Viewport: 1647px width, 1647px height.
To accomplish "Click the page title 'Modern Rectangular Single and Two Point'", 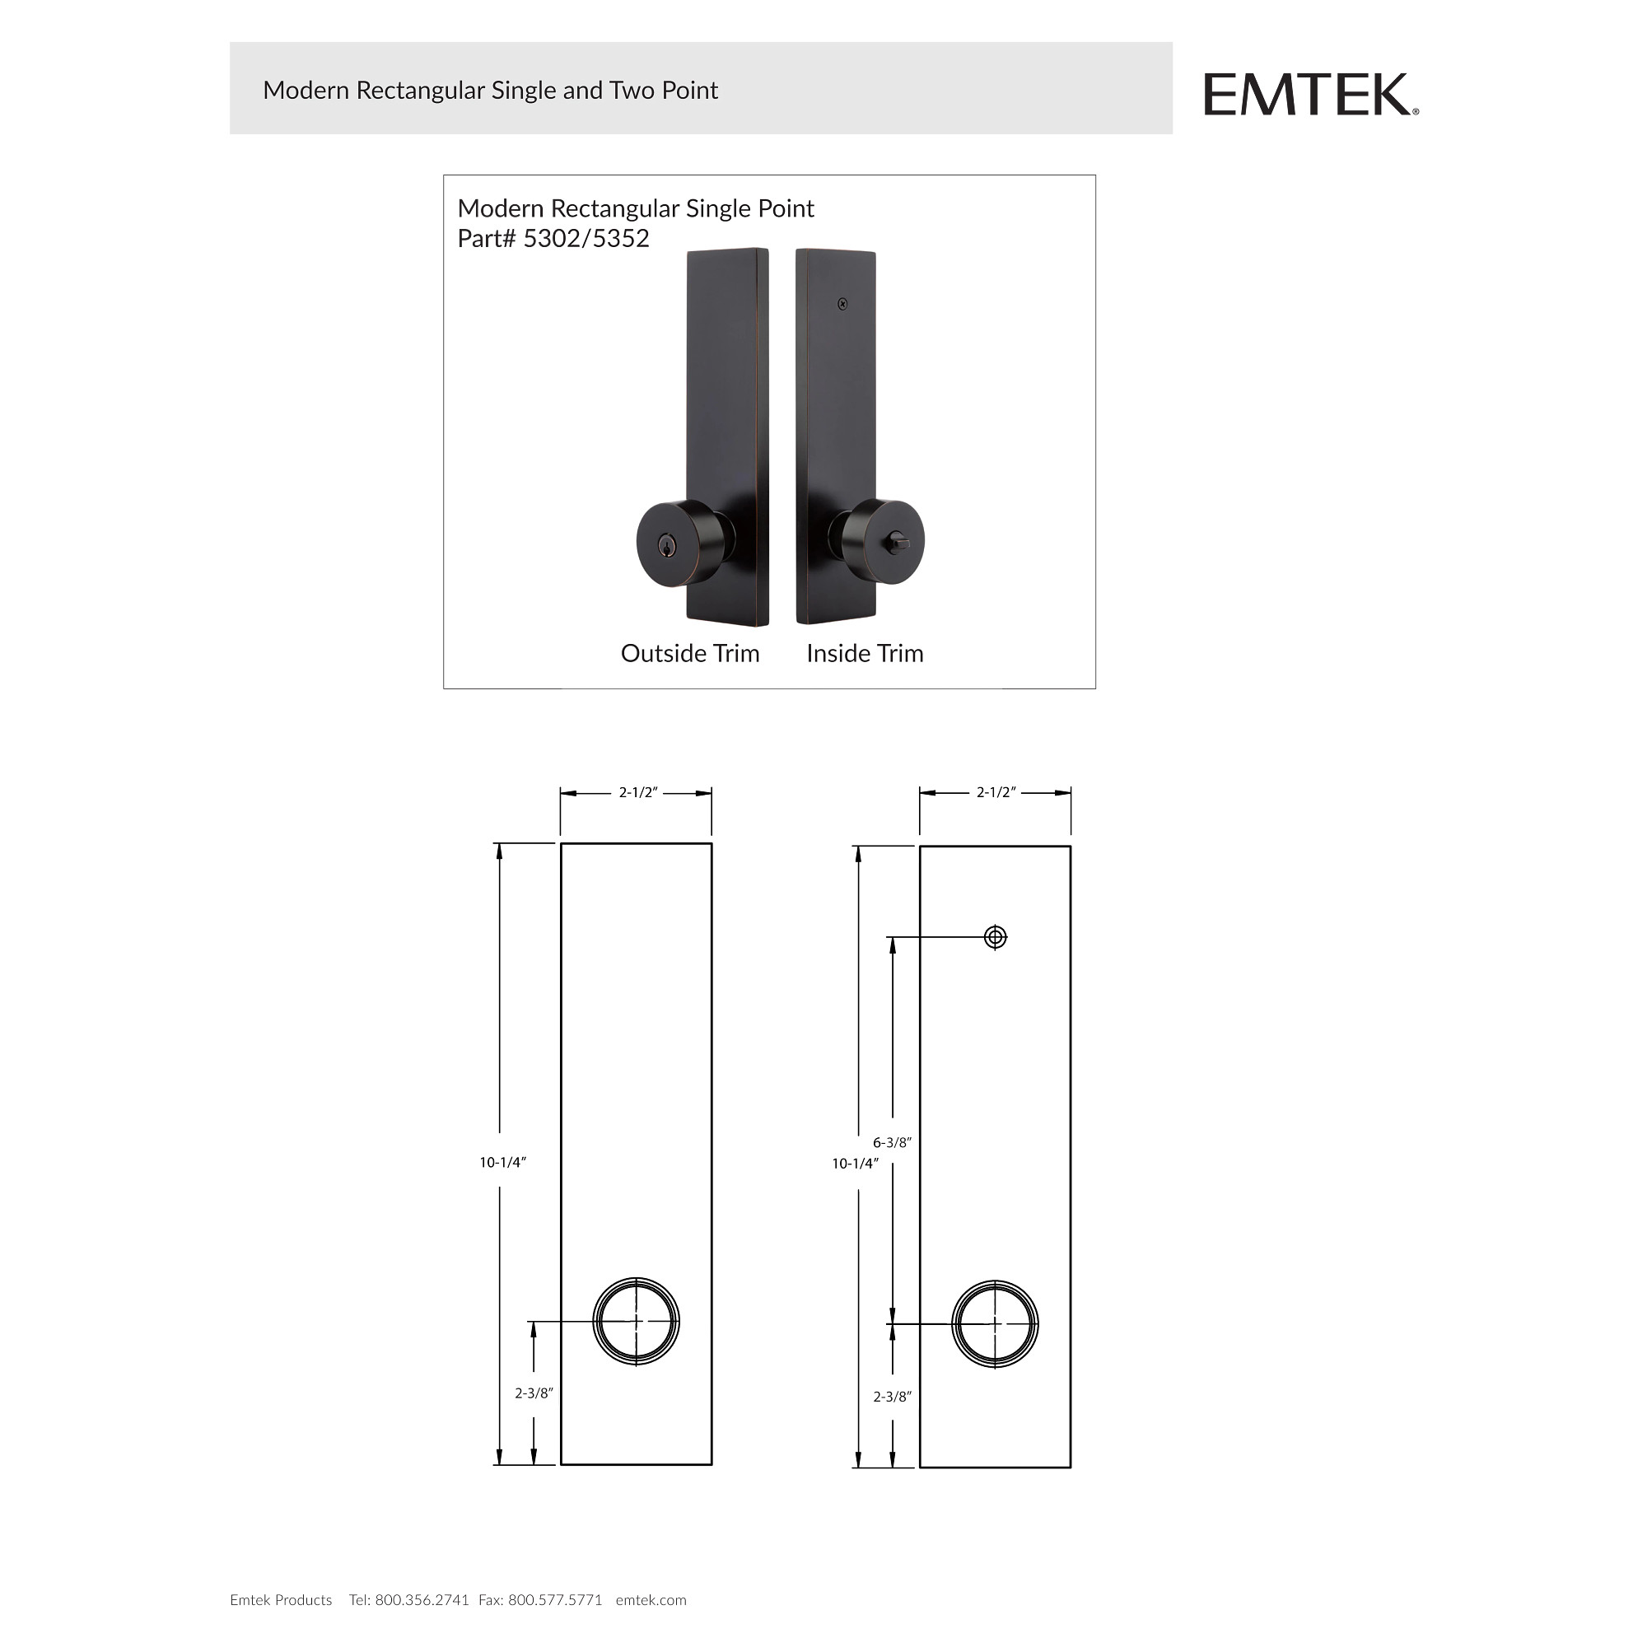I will pos(490,91).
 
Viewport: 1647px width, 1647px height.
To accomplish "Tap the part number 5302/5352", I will pos(586,239).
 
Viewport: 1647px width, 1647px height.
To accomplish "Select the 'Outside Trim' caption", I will pos(689,654).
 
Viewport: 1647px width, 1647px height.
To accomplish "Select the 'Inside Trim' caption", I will pos(865,654).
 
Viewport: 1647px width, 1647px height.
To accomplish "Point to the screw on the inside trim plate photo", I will pos(842,304).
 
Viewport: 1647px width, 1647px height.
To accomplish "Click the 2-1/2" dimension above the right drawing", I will pos(996,793).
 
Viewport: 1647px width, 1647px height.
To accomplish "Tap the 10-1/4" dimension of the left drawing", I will pos(503,1163).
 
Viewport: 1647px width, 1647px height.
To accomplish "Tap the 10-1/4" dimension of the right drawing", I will pos(855,1164).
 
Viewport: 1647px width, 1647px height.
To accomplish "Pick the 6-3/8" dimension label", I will pos(892,1143).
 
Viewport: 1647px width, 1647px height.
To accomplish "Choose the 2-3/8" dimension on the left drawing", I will pos(534,1394).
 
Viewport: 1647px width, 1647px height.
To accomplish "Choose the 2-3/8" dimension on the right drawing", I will pos(892,1397).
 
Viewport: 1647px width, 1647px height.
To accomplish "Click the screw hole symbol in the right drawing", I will pos(995,938).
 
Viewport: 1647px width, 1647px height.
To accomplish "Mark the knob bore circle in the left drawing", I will pos(636,1323).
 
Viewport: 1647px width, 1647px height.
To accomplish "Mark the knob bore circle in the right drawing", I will pos(995,1325).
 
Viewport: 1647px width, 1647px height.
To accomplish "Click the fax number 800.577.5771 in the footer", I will pos(555,1600).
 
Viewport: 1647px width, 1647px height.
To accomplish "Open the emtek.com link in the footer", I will pos(651,1600).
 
